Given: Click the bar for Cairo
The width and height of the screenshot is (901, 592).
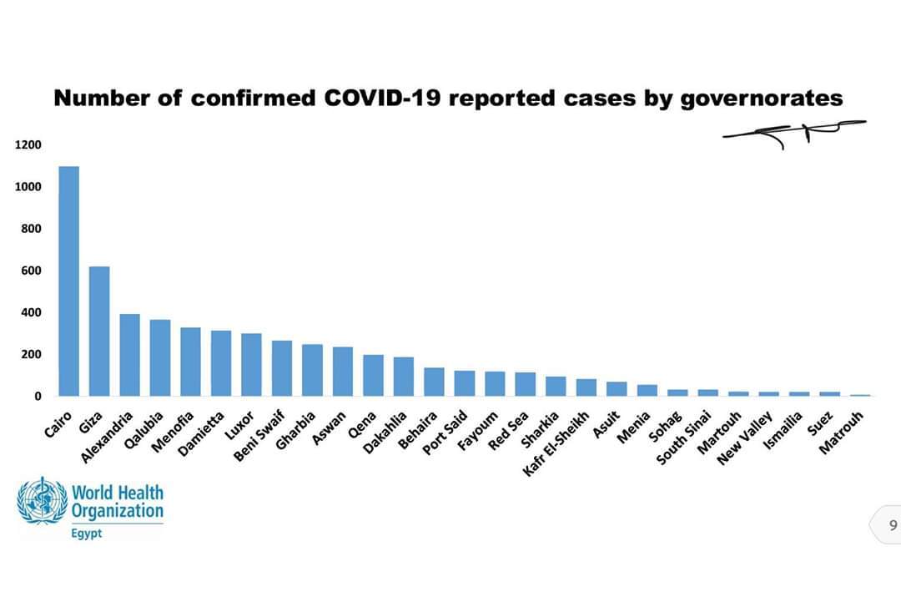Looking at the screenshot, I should pos(68,281).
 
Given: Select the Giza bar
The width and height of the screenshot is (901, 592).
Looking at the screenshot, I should pos(99,331).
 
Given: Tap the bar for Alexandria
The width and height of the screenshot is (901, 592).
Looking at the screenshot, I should pos(129,355).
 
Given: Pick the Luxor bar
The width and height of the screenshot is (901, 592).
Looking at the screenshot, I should pos(251,364).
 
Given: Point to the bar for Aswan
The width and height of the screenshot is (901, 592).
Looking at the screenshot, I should pos(342,371).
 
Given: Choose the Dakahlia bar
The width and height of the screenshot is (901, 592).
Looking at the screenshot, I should pos(404,377).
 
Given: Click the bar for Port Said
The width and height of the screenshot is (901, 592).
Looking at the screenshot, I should pos(465,383).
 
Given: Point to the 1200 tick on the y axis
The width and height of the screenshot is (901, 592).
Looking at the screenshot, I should pos(28,145).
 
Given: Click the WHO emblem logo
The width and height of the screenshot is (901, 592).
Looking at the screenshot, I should pos(42,501).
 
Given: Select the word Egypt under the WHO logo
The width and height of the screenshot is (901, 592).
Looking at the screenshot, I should pos(87,534).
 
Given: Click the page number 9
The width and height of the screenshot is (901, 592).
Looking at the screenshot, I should pos(893,525).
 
